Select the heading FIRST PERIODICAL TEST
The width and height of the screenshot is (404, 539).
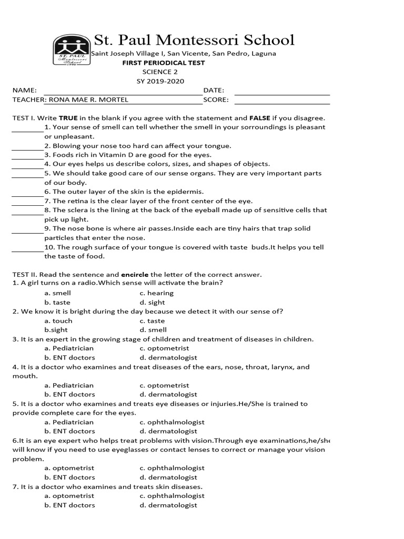coord(164,63)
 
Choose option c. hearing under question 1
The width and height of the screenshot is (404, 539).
coord(156,293)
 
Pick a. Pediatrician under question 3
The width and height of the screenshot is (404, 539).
coord(69,348)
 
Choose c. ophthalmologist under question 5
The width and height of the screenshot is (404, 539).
coord(172,422)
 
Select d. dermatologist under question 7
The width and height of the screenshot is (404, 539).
coord(168,505)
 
